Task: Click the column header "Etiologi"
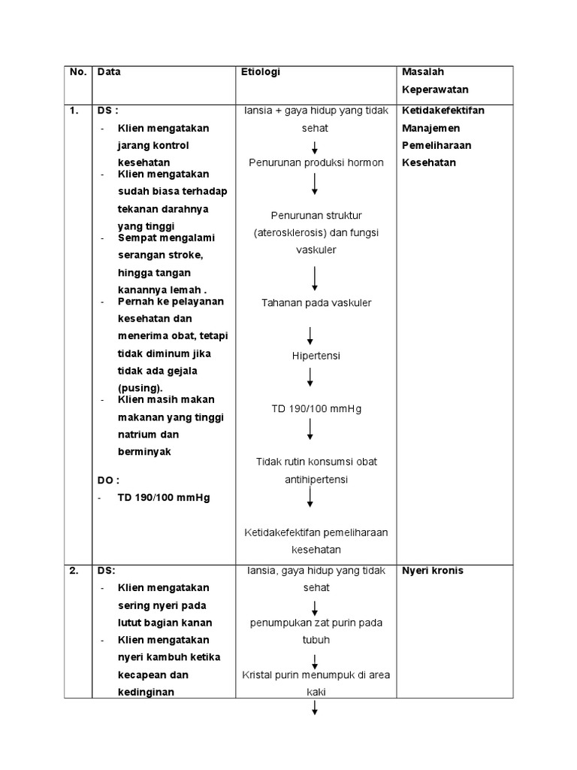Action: [x=260, y=72]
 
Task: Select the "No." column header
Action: [x=78, y=72]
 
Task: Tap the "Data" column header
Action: [x=109, y=72]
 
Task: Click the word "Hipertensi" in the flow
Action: [x=316, y=356]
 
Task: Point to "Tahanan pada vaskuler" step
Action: [x=316, y=303]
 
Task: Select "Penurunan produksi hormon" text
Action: [x=316, y=162]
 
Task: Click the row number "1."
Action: [x=74, y=111]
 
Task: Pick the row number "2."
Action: [x=74, y=570]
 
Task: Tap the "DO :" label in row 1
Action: [x=108, y=480]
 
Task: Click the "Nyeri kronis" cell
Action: [x=433, y=571]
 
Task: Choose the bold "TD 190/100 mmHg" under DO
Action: [x=164, y=498]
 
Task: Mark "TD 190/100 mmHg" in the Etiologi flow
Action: [x=316, y=409]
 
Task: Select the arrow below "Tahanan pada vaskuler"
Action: [x=310, y=335]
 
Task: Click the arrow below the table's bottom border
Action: [x=315, y=709]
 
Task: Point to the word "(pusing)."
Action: [x=140, y=388]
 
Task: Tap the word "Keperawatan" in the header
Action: [x=435, y=90]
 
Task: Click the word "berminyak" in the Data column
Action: [x=144, y=452]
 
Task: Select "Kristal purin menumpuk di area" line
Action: [x=316, y=675]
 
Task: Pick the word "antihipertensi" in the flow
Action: [x=316, y=479]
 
